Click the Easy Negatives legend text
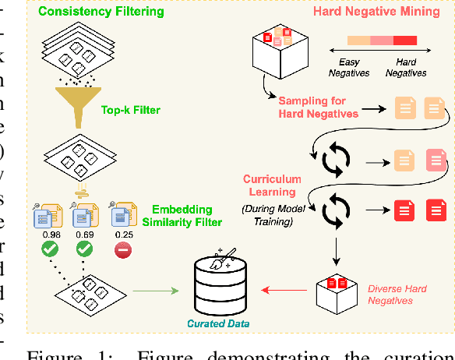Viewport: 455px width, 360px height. click(349, 68)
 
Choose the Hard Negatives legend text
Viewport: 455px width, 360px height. click(405, 68)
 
